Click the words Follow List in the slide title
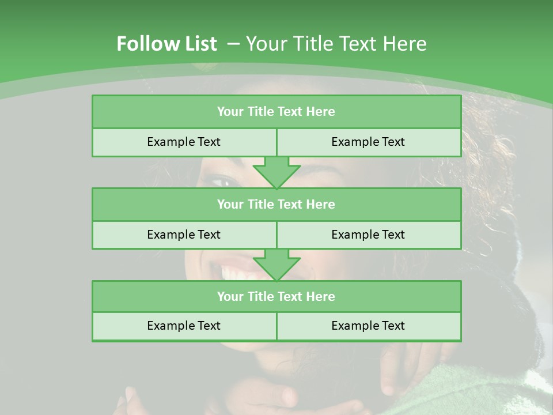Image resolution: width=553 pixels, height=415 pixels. (166, 44)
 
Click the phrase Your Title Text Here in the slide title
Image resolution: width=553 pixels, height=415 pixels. (336, 44)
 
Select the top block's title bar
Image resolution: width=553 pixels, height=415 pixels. (276, 112)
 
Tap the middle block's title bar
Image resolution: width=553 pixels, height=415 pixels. (276, 204)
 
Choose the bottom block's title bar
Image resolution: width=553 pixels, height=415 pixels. (276, 296)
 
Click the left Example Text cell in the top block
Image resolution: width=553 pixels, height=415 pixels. (184, 142)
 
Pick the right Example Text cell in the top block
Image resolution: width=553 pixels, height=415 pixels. (368, 142)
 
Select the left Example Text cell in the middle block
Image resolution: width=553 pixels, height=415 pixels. (184, 235)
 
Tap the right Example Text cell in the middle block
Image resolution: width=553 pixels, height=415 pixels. (368, 235)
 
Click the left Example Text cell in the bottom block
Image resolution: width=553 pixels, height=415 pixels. (184, 326)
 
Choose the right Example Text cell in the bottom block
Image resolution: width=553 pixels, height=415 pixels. (368, 326)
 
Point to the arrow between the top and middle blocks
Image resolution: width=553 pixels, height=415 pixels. (276, 172)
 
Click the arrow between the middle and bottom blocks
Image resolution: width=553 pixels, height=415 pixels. (276, 265)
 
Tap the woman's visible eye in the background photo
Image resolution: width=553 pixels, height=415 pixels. (222, 182)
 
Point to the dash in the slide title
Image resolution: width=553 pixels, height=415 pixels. (233, 43)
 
